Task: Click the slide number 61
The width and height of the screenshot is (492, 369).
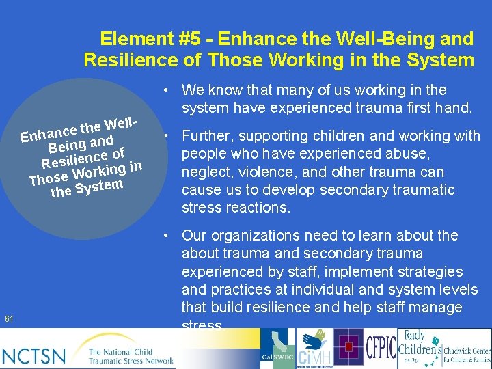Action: coord(9,319)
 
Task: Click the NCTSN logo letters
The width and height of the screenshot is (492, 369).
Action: coord(34,355)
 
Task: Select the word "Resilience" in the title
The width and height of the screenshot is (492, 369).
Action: coord(131,59)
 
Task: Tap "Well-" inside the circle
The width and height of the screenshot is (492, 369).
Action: coord(122,124)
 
